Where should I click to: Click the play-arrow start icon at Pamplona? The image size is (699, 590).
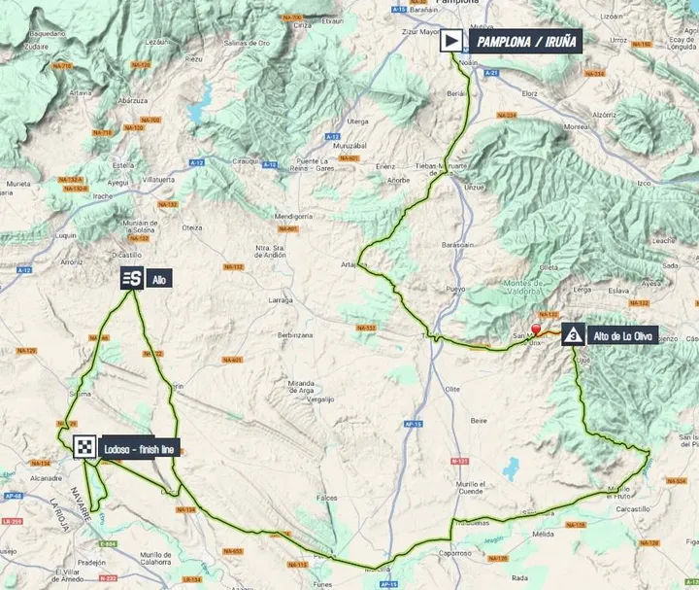click(451, 42)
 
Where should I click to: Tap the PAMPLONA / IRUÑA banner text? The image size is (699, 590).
click(526, 42)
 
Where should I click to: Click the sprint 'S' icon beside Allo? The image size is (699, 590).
click(132, 279)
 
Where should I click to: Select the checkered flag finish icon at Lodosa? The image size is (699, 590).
click(85, 447)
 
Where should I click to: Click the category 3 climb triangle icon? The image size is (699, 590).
click(574, 336)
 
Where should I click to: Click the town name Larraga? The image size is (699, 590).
click(280, 302)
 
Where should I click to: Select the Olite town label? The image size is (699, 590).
click(451, 389)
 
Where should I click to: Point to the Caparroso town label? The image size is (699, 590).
click(455, 553)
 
